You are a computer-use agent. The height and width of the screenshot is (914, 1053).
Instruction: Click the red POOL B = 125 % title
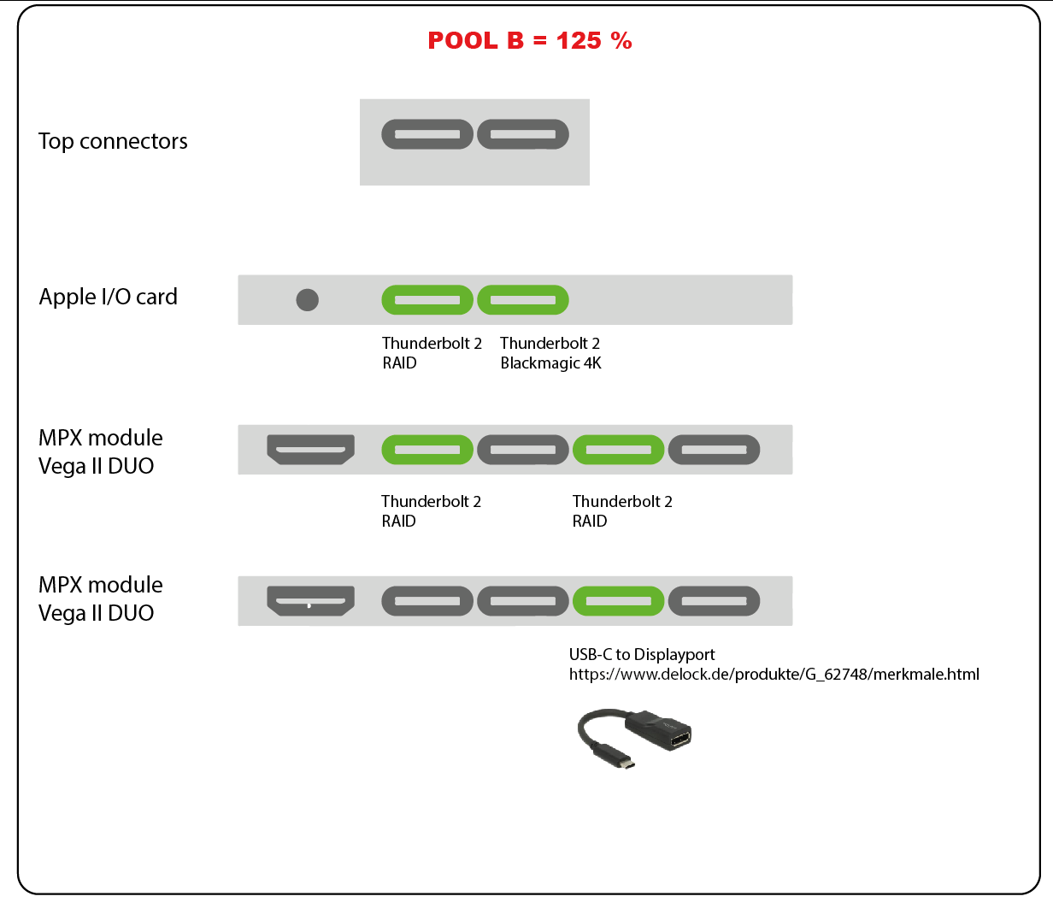(529, 41)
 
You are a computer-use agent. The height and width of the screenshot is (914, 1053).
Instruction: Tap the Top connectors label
(113, 141)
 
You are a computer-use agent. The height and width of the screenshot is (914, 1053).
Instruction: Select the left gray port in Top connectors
(426, 134)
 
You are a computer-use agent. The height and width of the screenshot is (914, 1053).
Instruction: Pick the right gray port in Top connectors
(522, 134)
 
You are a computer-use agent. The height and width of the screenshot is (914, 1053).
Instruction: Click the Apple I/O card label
(108, 297)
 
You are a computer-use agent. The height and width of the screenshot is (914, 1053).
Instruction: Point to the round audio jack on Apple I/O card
(307, 300)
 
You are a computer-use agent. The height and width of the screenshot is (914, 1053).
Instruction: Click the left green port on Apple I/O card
(426, 300)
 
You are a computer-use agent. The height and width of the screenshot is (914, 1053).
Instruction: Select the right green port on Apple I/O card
(522, 300)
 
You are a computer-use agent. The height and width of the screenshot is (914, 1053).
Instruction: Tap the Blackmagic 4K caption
(550, 363)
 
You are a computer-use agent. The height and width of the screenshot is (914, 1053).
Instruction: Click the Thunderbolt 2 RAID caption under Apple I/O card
(432, 352)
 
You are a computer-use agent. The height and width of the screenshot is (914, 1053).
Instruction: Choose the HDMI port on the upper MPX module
(310, 449)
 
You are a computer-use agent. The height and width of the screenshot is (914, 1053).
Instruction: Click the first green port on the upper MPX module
(426, 450)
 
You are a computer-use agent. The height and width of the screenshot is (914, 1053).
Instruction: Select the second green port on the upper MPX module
(618, 450)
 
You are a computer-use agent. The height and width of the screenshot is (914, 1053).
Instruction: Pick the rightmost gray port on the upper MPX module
(714, 450)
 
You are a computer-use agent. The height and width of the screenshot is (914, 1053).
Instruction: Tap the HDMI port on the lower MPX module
(310, 600)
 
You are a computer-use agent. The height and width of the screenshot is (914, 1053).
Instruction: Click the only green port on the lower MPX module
(618, 601)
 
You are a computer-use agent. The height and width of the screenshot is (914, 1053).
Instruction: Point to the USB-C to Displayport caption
(642, 654)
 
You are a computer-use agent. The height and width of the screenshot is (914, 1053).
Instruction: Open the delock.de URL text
(774, 674)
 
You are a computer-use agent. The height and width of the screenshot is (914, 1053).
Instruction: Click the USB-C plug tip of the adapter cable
(627, 763)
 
